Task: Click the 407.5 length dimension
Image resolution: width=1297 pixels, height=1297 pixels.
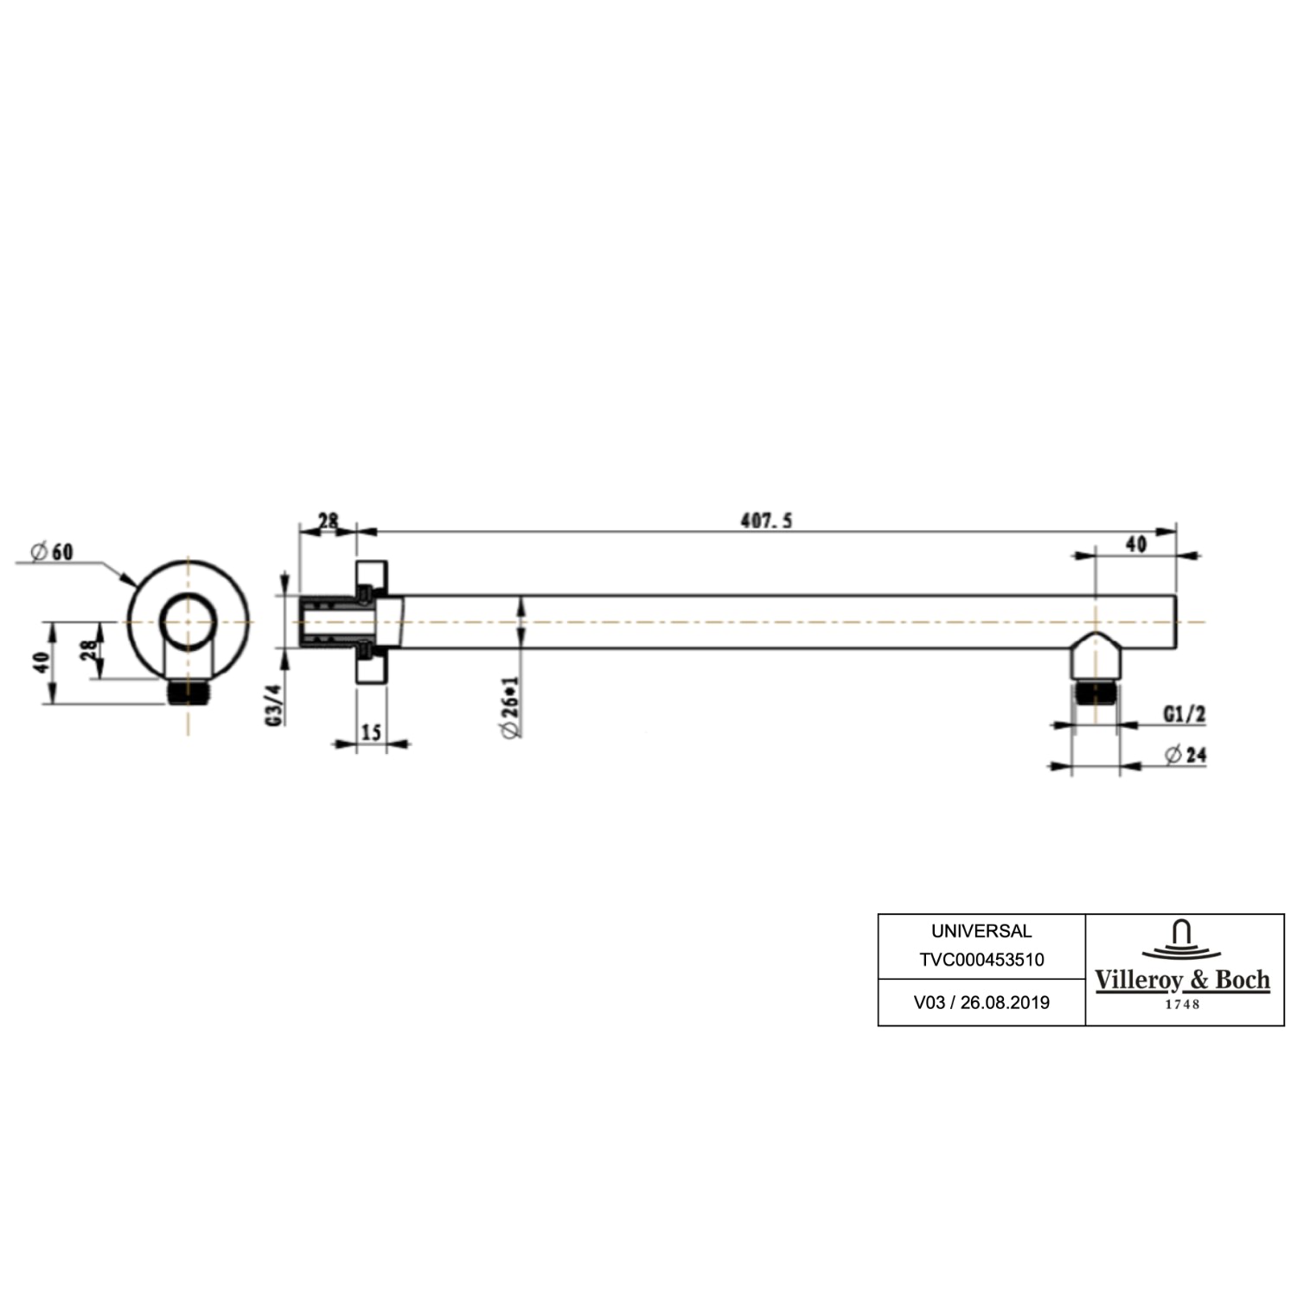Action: [x=766, y=521]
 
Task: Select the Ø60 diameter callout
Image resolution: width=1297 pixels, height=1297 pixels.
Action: [x=52, y=552]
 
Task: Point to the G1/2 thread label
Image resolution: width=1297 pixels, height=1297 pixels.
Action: [x=1184, y=714]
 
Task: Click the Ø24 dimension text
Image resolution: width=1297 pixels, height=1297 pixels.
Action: [x=1185, y=755]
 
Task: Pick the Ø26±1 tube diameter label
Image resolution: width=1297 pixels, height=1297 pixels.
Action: [x=510, y=707]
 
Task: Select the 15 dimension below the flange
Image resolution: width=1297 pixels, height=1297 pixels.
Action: [x=371, y=732]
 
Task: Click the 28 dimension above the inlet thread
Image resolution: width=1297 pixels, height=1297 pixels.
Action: [x=328, y=521]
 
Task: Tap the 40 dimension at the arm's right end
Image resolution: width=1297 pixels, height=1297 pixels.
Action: [x=1136, y=544]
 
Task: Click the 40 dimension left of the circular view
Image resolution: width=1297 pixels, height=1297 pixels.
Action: [x=40, y=663]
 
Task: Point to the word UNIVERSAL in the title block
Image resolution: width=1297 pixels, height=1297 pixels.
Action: [x=981, y=931]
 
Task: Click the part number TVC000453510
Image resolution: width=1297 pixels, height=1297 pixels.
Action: [x=981, y=960]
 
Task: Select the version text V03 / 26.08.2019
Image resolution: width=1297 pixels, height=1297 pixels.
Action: [x=981, y=1003]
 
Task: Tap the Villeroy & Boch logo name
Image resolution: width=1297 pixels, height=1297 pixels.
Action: [x=1182, y=981]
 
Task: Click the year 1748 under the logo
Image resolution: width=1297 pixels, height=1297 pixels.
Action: [x=1182, y=1004]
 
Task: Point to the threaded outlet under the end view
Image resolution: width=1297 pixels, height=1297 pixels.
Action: [x=188, y=692]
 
